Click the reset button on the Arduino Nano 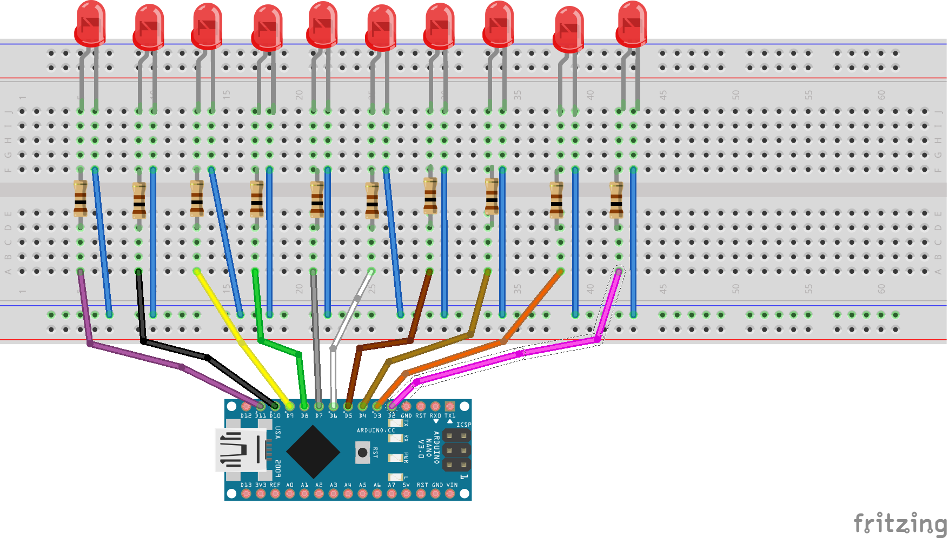(x=362, y=453)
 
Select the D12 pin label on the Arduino (x=246, y=416)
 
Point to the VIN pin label (x=452, y=485)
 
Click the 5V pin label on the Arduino (x=406, y=485)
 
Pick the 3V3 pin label (x=261, y=485)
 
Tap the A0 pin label (x=290, y=485)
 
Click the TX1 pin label (x=450, y=416)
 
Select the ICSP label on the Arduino (x=463, y=425)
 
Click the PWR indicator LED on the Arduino (x=396, y=458)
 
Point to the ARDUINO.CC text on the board (x=376, y=431)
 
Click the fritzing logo (x=900, y=523)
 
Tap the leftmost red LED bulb (x=90, y=24)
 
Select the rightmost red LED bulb (x=632, y=24)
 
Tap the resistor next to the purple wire (x=81, y=199)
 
